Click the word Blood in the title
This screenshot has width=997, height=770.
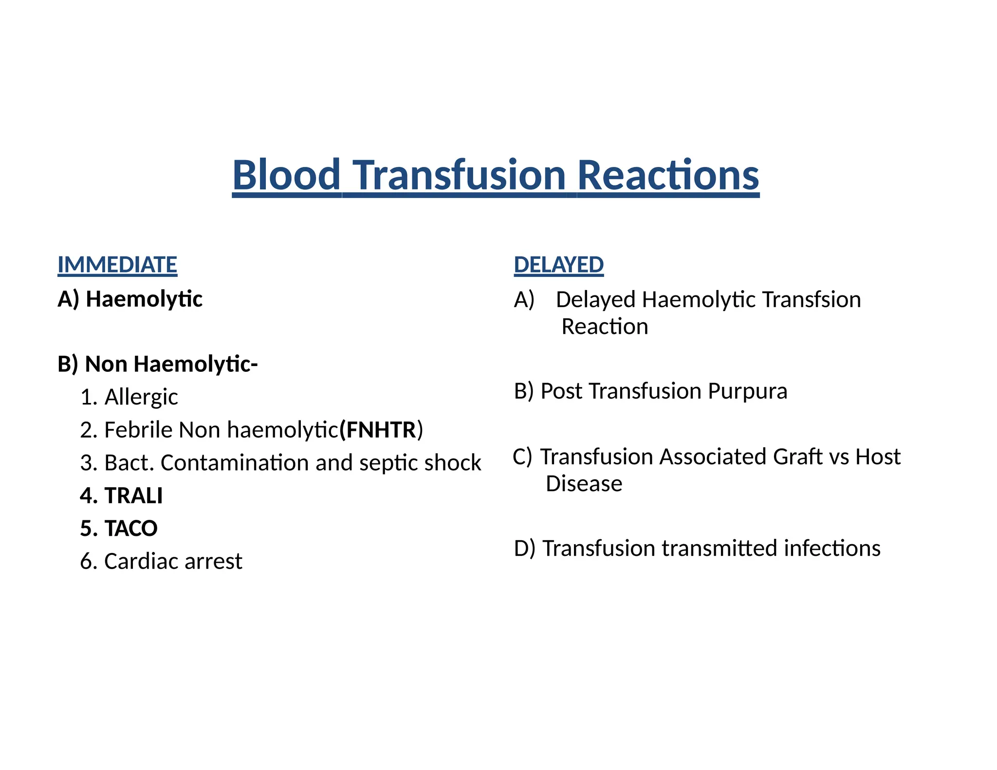tap(286, 175)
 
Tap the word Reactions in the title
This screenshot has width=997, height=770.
tap(668, 175)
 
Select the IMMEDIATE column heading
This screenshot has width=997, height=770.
tap(117, 265)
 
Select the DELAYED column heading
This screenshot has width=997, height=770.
tap(558, 265)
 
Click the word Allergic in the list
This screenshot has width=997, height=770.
tap(141, 397)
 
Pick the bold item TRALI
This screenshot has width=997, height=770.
tap(133, 495)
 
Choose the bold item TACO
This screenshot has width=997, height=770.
tap(131, 529)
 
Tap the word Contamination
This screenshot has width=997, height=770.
tap(235, 463)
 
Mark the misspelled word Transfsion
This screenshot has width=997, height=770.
tap(812, 300)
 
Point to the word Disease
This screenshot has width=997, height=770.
tap(584, 484)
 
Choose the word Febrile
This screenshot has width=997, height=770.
tap(139, 430)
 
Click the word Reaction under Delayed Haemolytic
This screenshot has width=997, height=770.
tap(605, 327)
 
